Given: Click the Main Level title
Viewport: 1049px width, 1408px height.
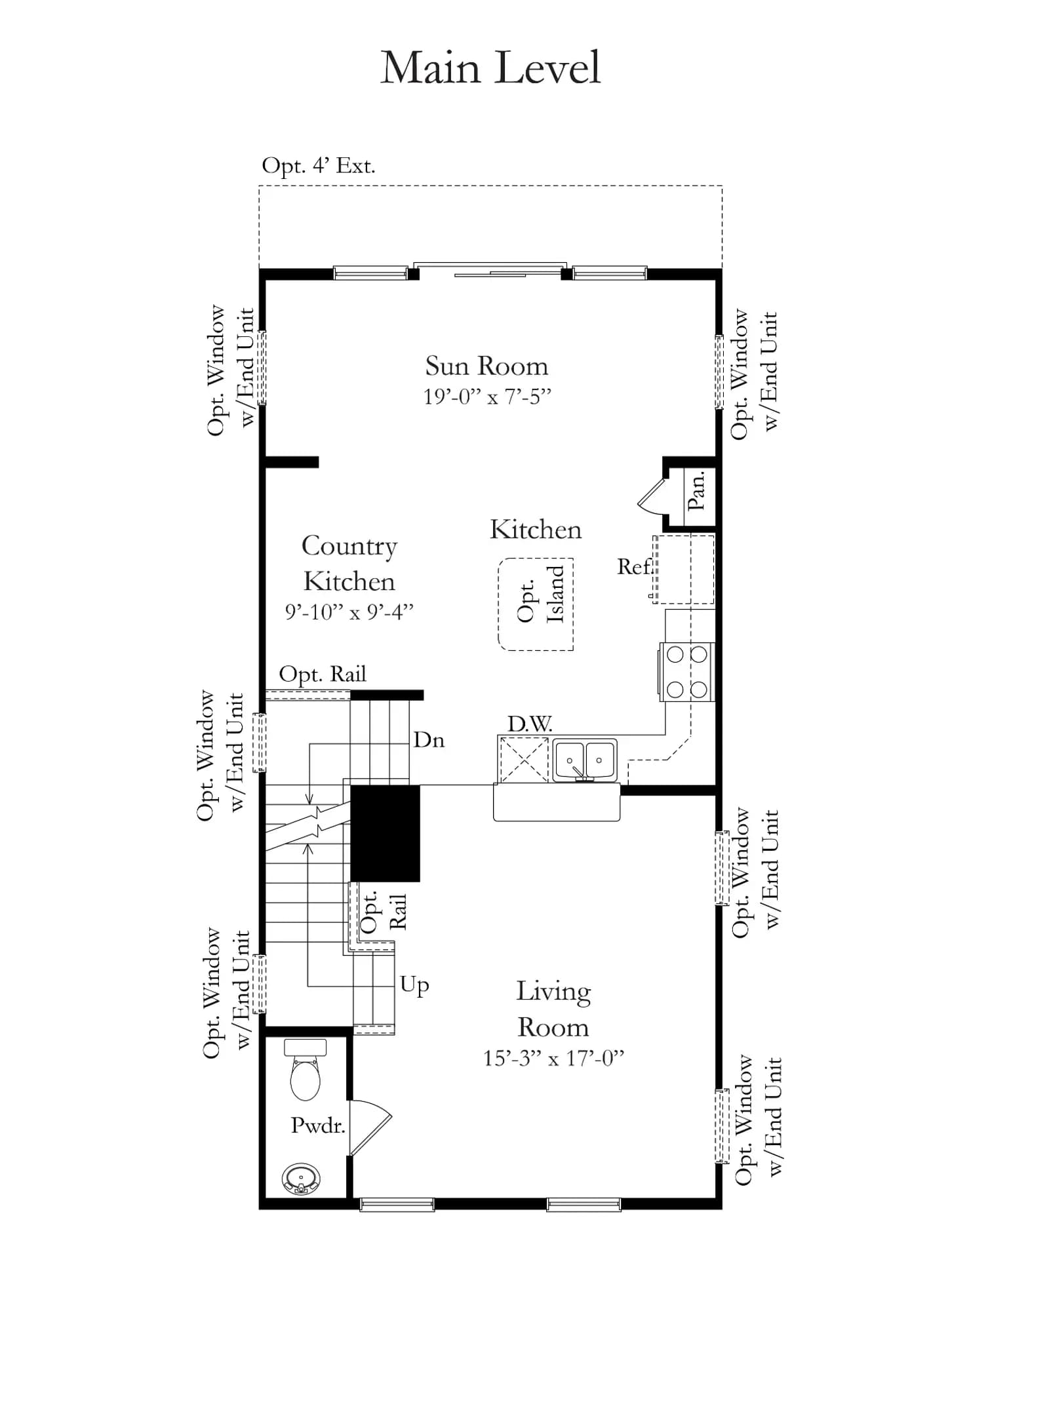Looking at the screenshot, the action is [490, 68].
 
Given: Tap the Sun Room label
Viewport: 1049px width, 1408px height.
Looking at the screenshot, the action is [486, 366].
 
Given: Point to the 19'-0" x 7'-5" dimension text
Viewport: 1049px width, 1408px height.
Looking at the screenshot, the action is [487, 397].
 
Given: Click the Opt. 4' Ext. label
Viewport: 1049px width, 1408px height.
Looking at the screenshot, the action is [319, 165].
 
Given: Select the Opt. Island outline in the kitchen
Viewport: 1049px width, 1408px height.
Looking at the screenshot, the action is [498, 604].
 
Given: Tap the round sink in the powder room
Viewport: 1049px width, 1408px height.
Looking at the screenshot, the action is [302, 1179].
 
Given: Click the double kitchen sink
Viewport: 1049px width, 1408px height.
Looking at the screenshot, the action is [585, 760].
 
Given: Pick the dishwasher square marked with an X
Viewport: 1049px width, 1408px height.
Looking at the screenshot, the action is [524, 760].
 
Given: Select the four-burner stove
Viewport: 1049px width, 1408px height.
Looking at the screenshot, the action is [686, 672].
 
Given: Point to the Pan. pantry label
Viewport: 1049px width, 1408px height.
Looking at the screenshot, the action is [696, 490].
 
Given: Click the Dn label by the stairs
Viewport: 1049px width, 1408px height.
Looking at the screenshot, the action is [429, 740].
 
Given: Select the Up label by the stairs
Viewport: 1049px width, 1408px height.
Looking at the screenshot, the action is [414, 985].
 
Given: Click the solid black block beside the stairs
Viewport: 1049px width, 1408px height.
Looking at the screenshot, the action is [385, 833].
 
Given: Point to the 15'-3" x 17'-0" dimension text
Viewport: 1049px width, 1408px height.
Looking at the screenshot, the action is [553, 1059].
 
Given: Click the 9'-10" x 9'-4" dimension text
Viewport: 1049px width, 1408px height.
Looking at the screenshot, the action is [349, 612].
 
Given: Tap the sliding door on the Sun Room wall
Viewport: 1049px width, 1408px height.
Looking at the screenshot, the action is [490, 269].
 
